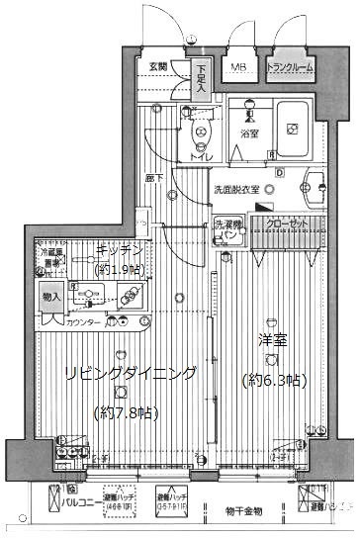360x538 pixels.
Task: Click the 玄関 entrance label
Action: pos(158,67)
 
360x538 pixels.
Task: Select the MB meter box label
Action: pos(238,67)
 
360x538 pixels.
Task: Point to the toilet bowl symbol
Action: pos(201,133)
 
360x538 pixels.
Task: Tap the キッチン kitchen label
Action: pos(120,250)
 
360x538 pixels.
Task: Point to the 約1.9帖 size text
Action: pos(120,269)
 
